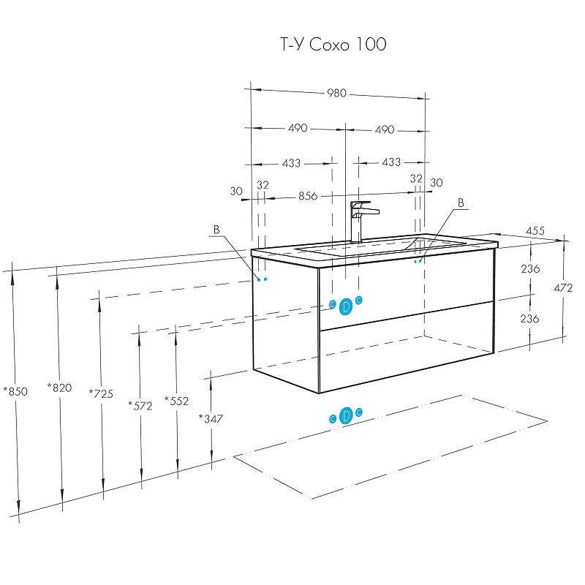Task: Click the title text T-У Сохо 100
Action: tap(333, 45)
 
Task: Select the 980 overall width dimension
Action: tap(336, 93)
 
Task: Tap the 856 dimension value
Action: tap(308, 196)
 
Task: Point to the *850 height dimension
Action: tap(15, 391)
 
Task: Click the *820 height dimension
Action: tap(59, 388)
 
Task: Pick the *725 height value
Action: tap(101, 393)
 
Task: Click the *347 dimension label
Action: tap(211, 418)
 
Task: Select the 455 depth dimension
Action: tap(535, 231)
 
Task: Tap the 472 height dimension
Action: tap(563, 288)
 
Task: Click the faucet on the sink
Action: tap(361, 219)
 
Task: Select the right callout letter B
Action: tap(461, 203)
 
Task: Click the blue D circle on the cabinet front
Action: tap(346, 307)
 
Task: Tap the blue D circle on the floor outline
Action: tap(347, 415)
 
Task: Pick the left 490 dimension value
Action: tap(297, 128)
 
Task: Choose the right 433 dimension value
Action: tap(391, 162)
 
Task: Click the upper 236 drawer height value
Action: tap(530, 269)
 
